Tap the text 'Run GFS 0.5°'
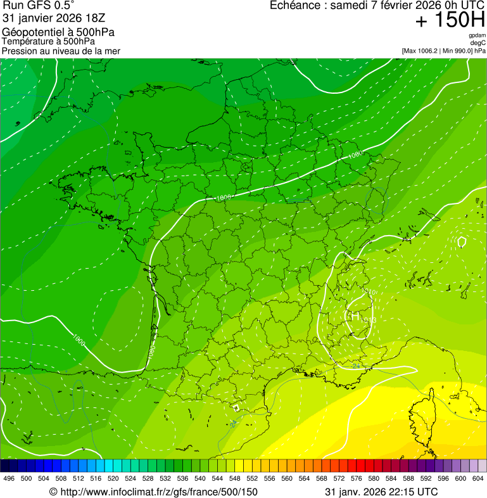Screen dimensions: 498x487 (x=38, y=6)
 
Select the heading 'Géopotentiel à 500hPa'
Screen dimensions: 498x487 (x=59, y=32)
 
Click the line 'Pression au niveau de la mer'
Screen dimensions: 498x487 (x=61, y=51)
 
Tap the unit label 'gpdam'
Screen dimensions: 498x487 (x=477, y=35)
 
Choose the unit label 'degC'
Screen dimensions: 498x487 (x=478, y=42)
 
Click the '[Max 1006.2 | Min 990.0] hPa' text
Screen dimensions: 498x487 (x=443, y=50)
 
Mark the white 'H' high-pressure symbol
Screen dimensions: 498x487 (x=352, y=315)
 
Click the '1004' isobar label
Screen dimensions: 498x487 (x=224, y=198)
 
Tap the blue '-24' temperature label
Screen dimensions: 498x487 (x=356, y=366)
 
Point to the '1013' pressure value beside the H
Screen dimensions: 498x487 (x=370, y=321)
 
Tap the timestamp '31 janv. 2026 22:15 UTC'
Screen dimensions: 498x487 (x=381, y=492)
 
